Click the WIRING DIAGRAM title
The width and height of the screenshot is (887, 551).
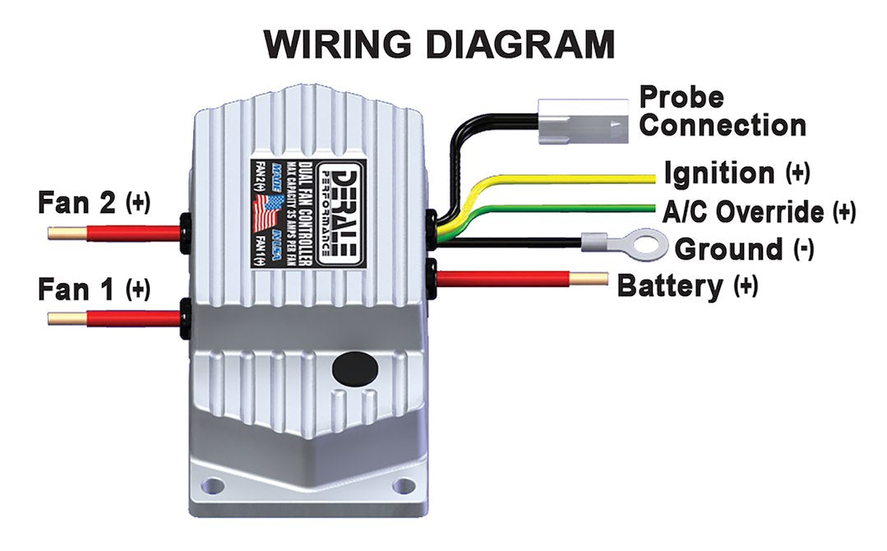439,44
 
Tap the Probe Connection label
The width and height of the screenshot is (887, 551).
722,111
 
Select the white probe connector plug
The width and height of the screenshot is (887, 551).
582,121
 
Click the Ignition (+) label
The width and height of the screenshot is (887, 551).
736,174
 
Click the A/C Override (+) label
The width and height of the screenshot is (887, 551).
758,211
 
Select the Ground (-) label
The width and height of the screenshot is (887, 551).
744,248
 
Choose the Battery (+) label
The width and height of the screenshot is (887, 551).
687,286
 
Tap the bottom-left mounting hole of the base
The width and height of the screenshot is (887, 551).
213,485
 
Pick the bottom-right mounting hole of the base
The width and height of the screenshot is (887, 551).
404,485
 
